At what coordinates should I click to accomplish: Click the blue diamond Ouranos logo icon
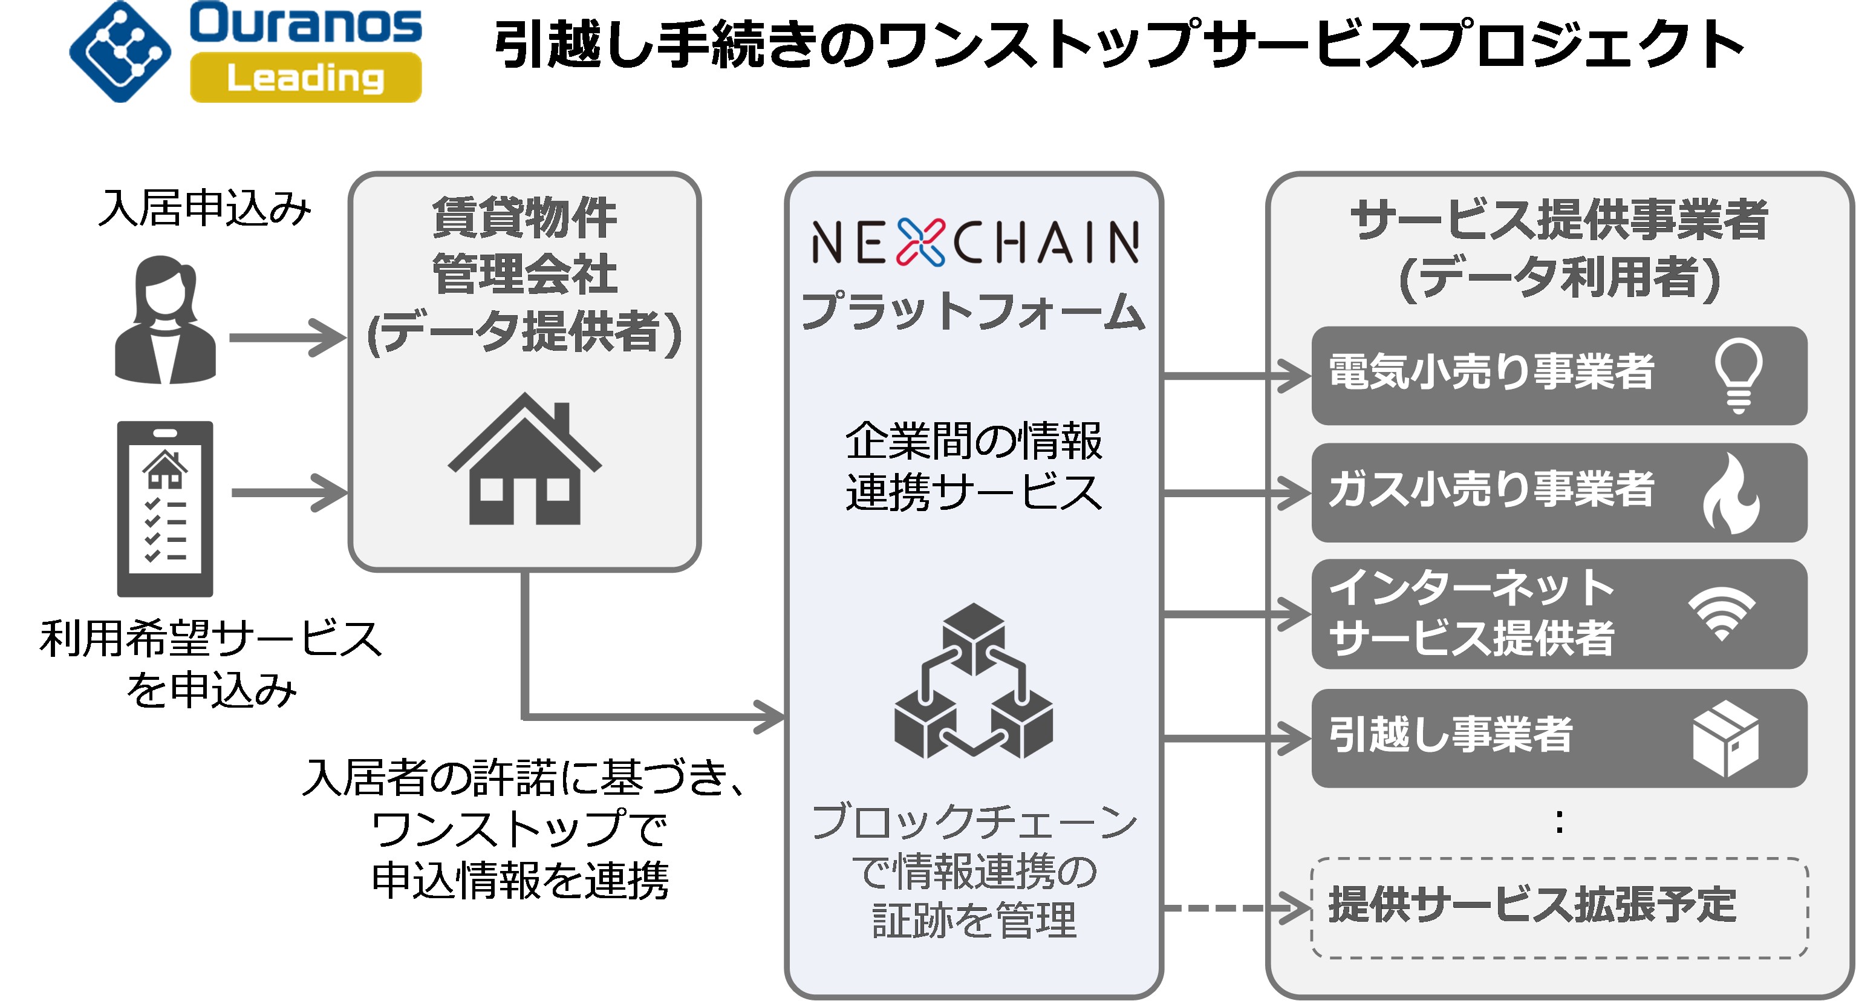(x=120, y=52)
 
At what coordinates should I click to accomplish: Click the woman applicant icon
(x=166, y=320)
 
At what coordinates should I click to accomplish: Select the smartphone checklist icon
(x=165, y=509)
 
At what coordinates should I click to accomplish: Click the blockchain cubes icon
(x=974, y=681)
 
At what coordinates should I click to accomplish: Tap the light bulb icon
(x=1738, y=375)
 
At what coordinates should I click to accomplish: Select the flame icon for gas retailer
(x=1731, y=494)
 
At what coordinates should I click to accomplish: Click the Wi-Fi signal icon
(x=1722, y=613)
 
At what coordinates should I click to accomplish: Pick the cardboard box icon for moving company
(x=1725, y=739)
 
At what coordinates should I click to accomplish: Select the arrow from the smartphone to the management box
(x=288, y=493)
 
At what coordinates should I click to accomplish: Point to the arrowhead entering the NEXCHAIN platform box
(x=771, y=717)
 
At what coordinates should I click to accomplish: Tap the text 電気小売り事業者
(x=1491, y=373)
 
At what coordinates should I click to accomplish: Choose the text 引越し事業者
(x=1450, y=735)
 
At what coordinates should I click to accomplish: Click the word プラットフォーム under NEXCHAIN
(x=972, y=311)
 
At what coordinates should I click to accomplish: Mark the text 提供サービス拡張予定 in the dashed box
(x=1532, y=905)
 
